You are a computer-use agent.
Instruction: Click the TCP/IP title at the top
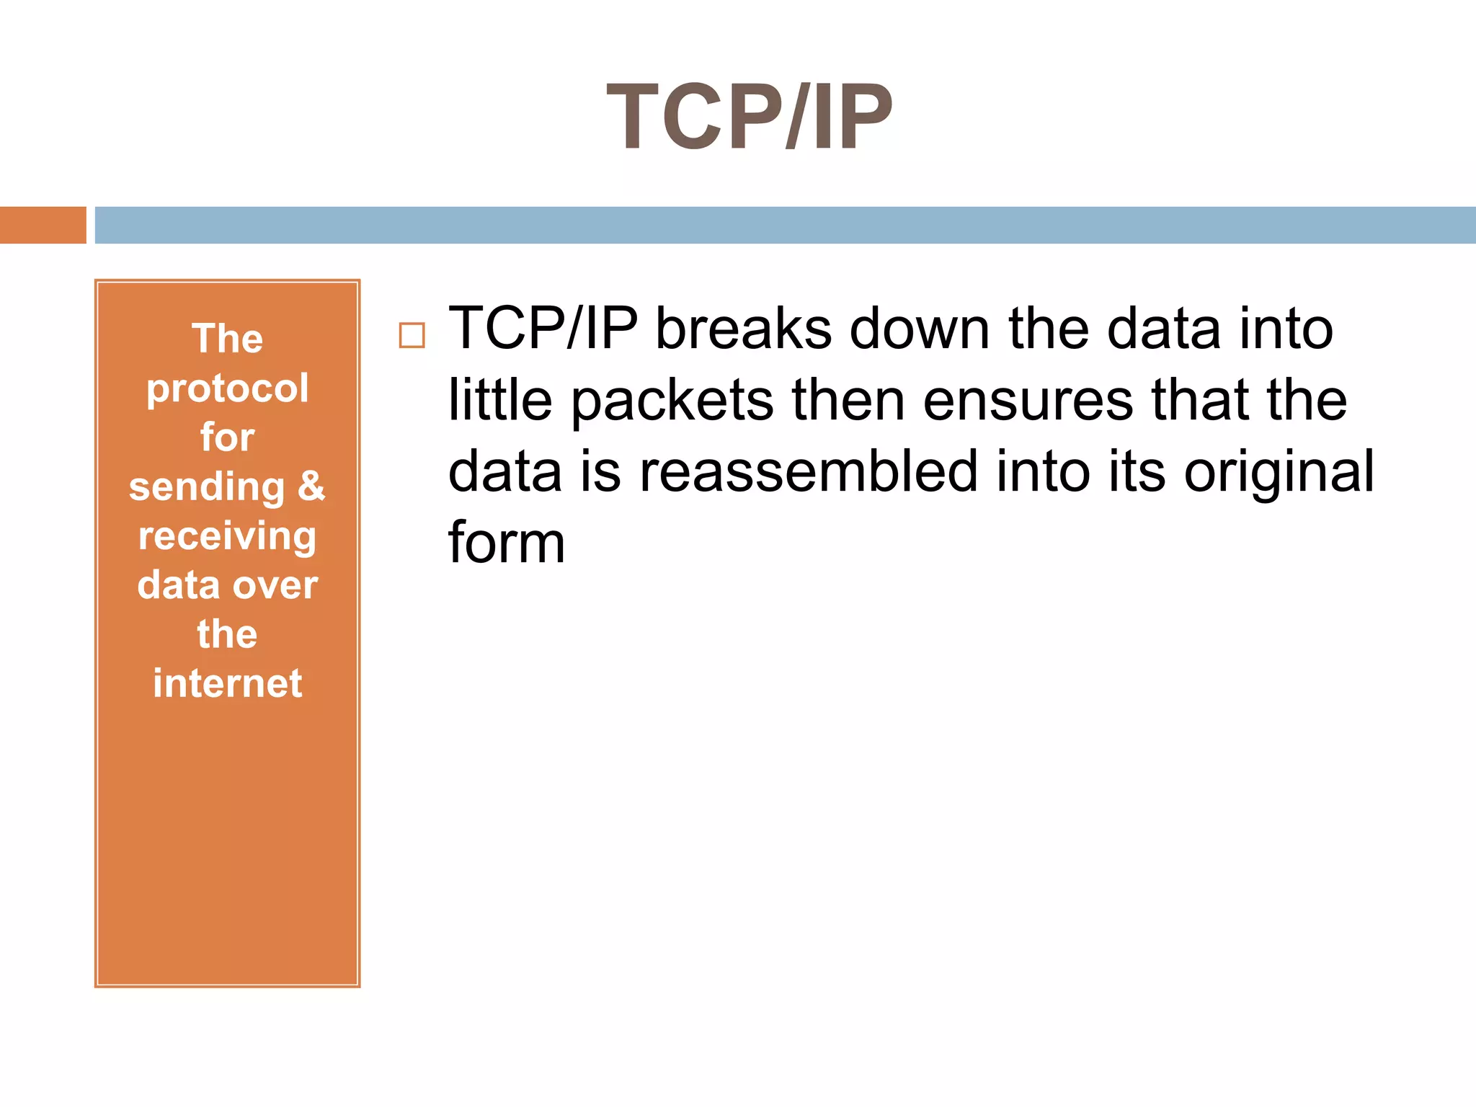[750, 117]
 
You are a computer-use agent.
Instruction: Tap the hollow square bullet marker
[412, 336]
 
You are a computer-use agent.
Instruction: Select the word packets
[672, 401]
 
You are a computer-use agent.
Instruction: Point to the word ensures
[1028, 400]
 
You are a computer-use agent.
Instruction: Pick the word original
[1279, 473]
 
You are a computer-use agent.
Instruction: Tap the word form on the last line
[507, 542]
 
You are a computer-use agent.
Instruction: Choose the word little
[500, 400]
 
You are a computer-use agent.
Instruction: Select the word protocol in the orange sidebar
[228, 389]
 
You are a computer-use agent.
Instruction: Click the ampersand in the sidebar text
[311, 486]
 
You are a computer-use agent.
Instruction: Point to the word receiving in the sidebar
[228, 537]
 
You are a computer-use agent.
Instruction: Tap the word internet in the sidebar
[228, 683]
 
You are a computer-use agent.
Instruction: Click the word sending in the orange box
[207, 487]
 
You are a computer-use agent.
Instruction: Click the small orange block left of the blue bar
[43, 225]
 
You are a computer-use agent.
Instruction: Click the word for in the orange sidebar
[228, 437]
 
